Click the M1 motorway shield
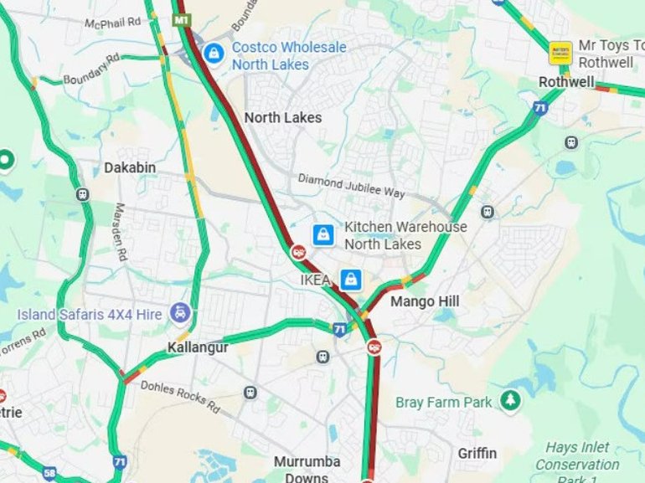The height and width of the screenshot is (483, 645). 182,19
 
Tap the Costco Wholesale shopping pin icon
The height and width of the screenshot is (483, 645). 214,54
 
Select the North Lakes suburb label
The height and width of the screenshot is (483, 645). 282,118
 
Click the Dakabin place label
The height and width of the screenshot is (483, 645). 130,167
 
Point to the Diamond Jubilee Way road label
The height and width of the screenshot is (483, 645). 351,187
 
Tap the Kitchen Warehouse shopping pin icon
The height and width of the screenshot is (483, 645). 323,235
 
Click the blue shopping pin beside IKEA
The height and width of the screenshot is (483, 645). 350,279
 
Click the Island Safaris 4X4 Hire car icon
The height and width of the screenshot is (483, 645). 180,314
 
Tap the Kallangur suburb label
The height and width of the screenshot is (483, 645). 197,347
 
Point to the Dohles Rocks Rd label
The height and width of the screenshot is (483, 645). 180,397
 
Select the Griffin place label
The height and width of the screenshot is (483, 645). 477,454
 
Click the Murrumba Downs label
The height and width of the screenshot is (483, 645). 307,469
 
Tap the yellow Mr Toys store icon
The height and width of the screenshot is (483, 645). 560,53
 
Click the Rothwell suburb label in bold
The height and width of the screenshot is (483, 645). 566,82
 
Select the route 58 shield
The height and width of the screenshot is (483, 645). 50,474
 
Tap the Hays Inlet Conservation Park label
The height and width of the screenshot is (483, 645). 577,463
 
